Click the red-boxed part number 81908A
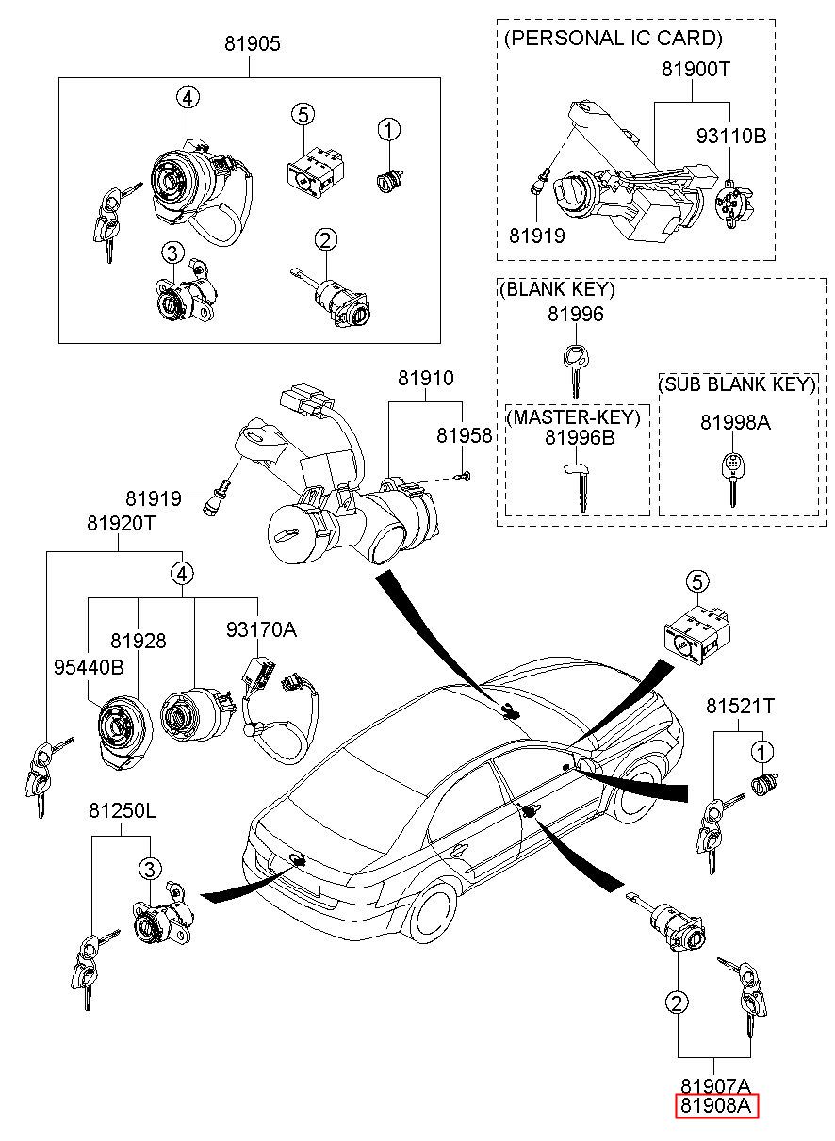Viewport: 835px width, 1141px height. pyautogui.click(x=716, y=1106)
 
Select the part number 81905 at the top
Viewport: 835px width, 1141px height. pyautogui.click(x=252, y=43)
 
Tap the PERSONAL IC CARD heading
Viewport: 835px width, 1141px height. pyautogui.click(x=613, y=39)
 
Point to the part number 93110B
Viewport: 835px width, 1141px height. pyautogui.click(x=730, y=136)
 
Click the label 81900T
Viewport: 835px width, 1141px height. pyautogui.click(x=696, y=69)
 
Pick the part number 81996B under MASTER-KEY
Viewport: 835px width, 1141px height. pyautogui.click(x=579, y=437)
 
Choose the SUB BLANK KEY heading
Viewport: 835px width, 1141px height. pyautogui.click(x=736, y=384)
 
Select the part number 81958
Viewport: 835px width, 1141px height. pyautogui.click(x=464, y=435)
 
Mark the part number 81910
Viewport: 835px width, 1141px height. pyautogui.click(x=425, y=379)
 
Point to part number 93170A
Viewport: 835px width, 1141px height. pyautogui.click(x=260, y=629)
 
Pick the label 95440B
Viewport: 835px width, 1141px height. pyautogui.click(x=88, y=667)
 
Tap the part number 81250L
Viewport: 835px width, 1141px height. pyautogui.click(x=122, y=810)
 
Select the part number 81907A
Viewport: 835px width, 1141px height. pyautogui.click(x=715, y=1085)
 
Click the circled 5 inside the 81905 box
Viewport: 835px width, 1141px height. pyautogui.click(x=301, y=115)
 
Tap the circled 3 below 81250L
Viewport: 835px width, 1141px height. pyautogui.click(x=149, y=868)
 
